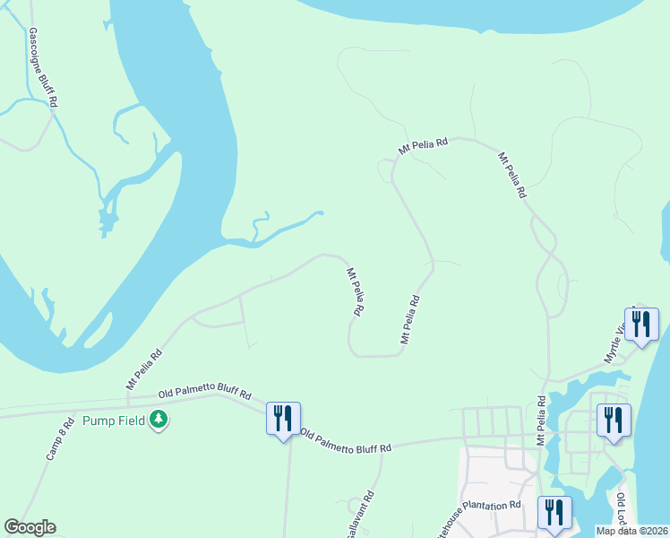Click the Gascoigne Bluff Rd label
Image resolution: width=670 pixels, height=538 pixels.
[43, 68]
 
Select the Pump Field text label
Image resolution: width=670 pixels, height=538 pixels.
[114, 420]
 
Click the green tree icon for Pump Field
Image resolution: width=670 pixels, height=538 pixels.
[159, 419]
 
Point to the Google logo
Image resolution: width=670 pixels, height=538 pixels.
[30, 527]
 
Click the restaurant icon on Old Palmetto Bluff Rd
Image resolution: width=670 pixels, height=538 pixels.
[283, 418]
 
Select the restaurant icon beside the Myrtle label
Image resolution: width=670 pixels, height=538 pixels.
[641, 324]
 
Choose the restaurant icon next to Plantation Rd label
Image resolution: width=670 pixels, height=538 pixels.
[554, 512]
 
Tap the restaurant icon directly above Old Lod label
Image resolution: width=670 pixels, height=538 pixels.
[614, 420]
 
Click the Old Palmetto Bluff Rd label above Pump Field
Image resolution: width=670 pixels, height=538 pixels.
[205, 393]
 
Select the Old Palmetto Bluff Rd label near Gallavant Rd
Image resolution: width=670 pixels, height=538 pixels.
[347, 441]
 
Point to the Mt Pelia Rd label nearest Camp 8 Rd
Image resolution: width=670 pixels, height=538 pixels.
[144, 369]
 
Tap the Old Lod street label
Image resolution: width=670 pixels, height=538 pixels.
[622, 508]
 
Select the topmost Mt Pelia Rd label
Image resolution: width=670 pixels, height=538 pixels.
[424, 145]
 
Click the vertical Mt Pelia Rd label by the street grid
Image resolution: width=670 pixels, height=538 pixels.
[541, 420]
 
